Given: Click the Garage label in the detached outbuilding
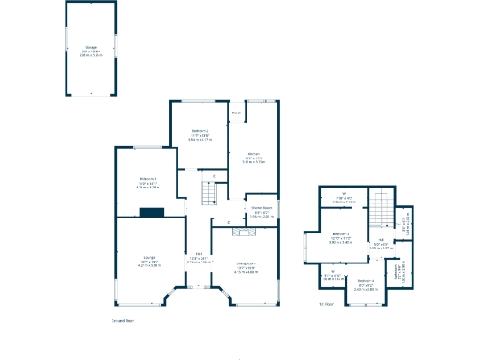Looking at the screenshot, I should pyautogui.click(x=90, y=47).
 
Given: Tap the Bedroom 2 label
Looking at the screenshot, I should pyautogui.click(x=200, y=130).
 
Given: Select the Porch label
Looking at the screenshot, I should pyautogui.click(x=236, y=113).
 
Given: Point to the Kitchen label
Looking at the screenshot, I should pyautogui.click(x=253, y=153).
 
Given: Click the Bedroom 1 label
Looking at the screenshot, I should pyautogui.click(x=147, y=178).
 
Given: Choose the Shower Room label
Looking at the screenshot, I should pyautogui.click(x=262, y=207).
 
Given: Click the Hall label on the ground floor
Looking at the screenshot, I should pyautogui.click(x=199, y=254).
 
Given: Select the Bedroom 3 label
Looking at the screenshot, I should pyautogui.click(x=340, y=233).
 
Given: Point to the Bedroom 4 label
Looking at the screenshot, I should pyautogui.click(x=366, y=280).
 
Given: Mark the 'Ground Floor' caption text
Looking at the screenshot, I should pyautogui.click(x=123, y=321).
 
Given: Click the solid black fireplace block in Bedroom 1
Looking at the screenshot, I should pyautogui.click(x=150, y=213).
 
